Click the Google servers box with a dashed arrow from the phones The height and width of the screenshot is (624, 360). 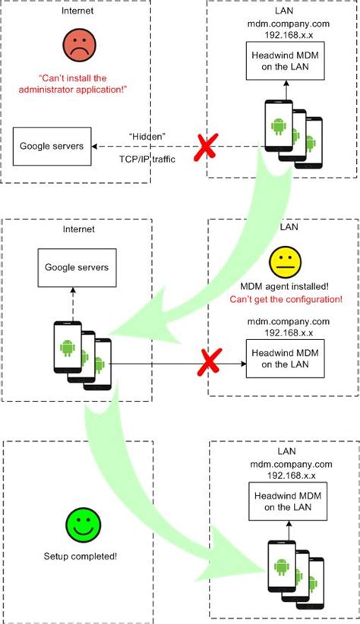click(75, 267)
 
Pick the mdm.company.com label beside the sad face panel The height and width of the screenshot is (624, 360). click(283, 24)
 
